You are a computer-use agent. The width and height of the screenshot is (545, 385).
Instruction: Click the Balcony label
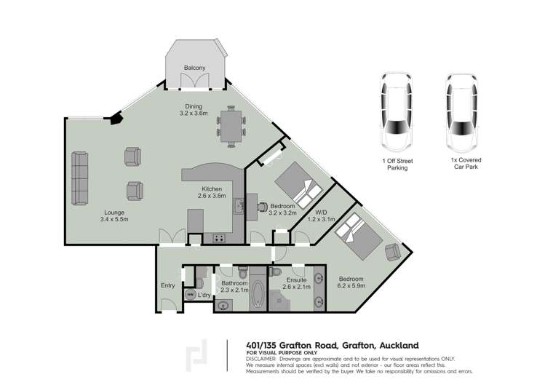[194, 68]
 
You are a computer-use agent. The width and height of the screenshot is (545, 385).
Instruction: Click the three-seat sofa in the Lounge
[79, 179]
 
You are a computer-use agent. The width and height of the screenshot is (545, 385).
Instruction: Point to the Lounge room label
[114, 213]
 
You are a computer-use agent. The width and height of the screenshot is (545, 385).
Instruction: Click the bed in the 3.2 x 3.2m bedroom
[295, 183]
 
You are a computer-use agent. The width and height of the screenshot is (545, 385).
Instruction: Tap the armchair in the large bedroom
[393, 252]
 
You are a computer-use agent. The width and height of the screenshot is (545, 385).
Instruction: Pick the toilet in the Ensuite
[275, 272]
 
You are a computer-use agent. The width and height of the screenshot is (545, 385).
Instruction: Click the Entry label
[167, 285]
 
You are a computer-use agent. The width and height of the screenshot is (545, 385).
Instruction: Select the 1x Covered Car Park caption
[466, 162]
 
